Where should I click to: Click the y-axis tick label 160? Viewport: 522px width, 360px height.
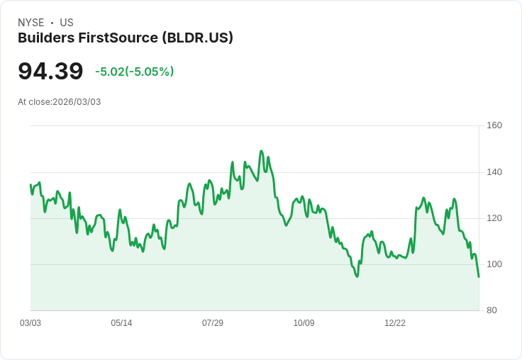pyautogui.click(x=494, y=125)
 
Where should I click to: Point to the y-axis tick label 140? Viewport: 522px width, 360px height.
pyautogui.click(x=494, y=171)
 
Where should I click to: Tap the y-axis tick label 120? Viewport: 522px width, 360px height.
pyautogui.click(x=494, y=218)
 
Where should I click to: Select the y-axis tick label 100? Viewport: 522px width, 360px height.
pyautogui.click(x=494, y=264)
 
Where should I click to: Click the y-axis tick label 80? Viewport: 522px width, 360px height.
pyautogui.click(x=491, y=310)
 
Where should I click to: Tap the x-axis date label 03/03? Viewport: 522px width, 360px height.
pyautogui.click(x=30, y=323)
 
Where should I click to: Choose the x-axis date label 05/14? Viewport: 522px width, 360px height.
pyautogui.click(x=121, y=323)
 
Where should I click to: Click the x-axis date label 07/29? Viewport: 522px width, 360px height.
pyautogui.click(x=213, y=323)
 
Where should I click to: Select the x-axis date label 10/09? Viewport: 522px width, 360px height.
pyautogui.click(x=304, y=323)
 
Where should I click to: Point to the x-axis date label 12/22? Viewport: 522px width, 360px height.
pyautogui.click(x=395, y=323)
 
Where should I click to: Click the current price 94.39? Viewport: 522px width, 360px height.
pyautogui.click(x=50, y=71)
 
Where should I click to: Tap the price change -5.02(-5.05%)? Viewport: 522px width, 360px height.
pyautogui.click(x=134, y=72)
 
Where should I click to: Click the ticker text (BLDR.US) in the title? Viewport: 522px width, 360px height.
pyautogui.click(x=198, y=38)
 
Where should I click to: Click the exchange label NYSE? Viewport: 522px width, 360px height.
pyautogui.click(x=30, y=23)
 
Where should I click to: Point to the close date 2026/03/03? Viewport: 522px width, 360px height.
pyautogui.click(x=77, y=102)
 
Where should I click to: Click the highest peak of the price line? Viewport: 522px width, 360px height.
pyautogui.click(x=261, y=151)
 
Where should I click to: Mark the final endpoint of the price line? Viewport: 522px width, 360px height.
pyautogui.click(x=479, y=276)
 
